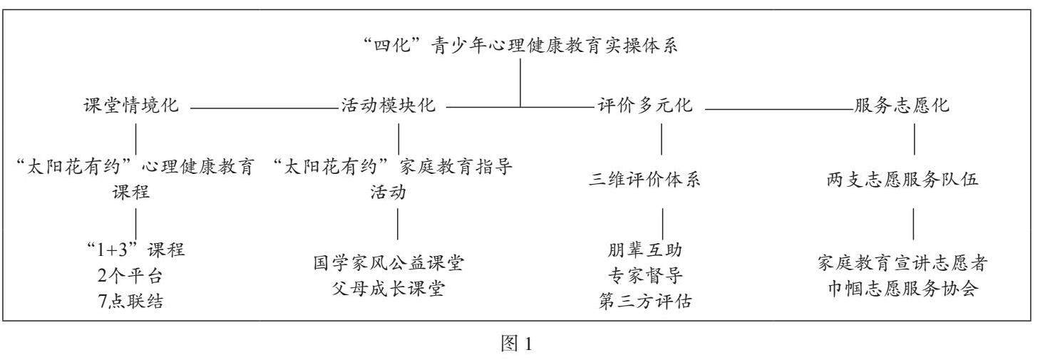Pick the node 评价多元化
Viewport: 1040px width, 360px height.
(x=644, y=107)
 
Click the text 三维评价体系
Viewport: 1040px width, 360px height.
(x=644, y=180)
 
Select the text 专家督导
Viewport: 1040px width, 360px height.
(x=644, y=275)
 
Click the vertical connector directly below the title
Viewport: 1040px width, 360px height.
(x=520, y=82)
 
